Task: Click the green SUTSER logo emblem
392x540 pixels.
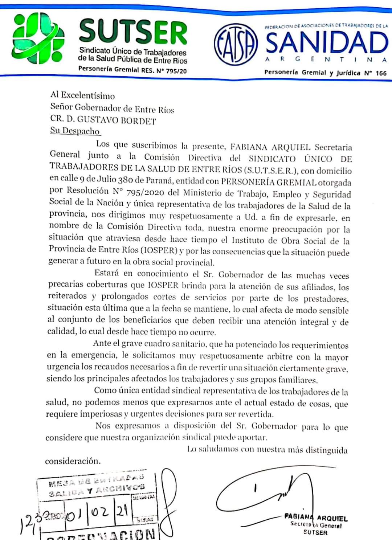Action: click(x=36, y=37)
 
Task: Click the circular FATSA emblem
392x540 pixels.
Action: click(x=236, y=44)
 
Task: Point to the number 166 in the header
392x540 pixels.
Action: click(x=381, y=73)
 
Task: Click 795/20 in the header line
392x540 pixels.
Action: click(x=176, y=71)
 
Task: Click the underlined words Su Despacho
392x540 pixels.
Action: click(x=75, y=131)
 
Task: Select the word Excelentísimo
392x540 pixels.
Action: click(x=88, y=96)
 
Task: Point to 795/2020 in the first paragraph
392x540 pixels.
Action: click(x=145, y=192)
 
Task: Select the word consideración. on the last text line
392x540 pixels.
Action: click(x=73, y=461)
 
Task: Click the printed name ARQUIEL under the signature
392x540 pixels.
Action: click(x=332, y=519)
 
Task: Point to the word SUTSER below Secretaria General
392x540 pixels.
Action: click(x=315, y=533)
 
